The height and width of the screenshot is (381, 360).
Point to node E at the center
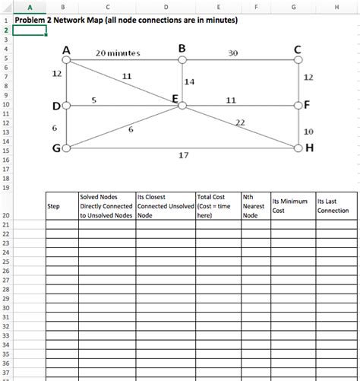182,106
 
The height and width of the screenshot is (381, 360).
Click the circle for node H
298,148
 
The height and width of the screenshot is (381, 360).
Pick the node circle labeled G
67,148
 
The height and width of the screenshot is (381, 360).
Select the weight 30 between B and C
232,53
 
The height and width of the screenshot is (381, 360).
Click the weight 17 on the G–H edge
183,156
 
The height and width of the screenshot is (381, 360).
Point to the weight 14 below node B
190,81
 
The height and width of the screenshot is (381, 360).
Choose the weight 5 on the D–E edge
93,100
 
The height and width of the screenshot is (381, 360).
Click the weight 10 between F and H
308,132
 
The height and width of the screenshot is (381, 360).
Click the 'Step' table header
54,206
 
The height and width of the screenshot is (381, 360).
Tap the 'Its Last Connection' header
333,205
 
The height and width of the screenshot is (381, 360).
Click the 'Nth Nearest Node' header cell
253,205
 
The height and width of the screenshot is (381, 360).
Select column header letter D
165,8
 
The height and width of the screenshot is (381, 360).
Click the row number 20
6,215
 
